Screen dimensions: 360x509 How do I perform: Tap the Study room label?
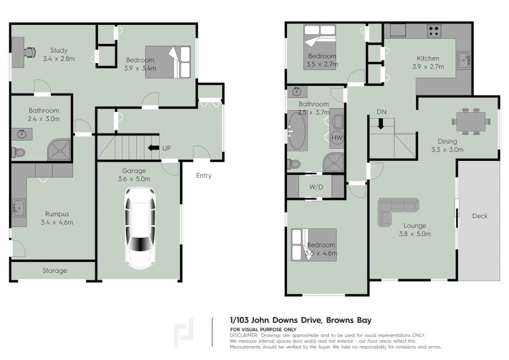coord(59,50)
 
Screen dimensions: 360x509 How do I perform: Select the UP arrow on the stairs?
coord(151,148)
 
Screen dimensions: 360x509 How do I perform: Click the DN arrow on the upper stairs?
coord(381,123)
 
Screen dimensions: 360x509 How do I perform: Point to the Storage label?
coord(55,271)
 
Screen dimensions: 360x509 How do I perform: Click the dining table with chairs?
coord(471,120)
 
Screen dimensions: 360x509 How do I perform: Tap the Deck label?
coord(480,216)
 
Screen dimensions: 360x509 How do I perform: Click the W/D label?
coord(316,188)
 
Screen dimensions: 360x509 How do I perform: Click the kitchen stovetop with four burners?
coord(435,29)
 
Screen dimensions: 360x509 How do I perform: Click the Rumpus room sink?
coord(18,207)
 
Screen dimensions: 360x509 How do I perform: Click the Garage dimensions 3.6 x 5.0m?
coord(134,179)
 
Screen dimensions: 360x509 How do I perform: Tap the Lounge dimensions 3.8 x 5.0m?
coord(414,233)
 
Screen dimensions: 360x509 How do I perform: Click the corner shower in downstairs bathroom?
coord(61,150)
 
